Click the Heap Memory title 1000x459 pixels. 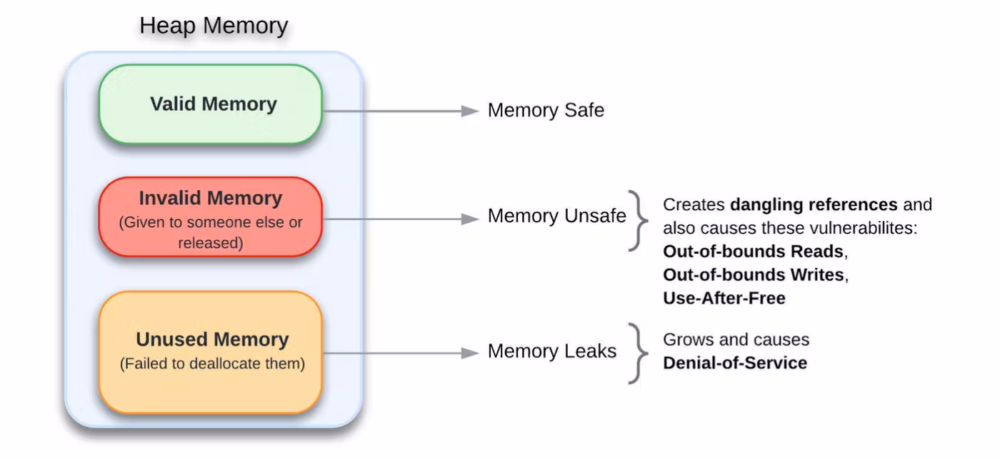click(214, 26)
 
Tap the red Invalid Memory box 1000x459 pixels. click(211, 217)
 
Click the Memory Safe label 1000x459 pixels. click(546, 111)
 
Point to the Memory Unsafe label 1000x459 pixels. click(556, 217)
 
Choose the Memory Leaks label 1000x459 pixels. click(551, 352)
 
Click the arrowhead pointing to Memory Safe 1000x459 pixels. click(469, 112)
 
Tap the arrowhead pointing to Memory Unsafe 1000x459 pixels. click(469, 218)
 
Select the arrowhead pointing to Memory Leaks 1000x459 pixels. click(469, 352)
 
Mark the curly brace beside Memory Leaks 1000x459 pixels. click(637, 353)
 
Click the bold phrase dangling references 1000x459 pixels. click(813, 205)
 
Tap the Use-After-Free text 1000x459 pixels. click(724, 299)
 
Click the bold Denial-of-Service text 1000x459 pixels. click(735, 363)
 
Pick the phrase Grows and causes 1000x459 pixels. click(736, 340)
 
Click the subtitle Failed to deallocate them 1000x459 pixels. click(212, 364)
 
